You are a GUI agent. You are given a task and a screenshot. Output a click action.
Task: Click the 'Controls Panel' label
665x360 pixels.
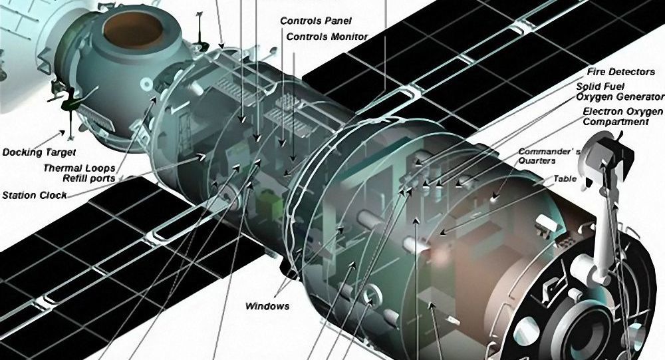tap(316, 21)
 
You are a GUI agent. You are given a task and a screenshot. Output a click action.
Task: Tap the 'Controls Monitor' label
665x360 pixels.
tap(327, 37)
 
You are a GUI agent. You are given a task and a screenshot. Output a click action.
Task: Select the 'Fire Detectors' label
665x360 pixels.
tap(621, 72)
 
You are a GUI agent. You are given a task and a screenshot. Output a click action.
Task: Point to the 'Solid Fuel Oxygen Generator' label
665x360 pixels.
tap(620, 92)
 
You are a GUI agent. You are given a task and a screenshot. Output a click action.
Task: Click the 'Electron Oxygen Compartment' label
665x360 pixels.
tap(622, 116)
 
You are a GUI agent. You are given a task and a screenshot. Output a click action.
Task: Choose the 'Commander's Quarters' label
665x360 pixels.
tap(549, 156)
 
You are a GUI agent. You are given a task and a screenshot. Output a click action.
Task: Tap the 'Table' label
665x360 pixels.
tap(565, 179)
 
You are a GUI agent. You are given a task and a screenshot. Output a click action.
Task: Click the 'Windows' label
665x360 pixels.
tap(267, 306)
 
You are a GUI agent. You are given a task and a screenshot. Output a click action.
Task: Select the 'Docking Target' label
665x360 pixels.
tap(39, 152)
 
